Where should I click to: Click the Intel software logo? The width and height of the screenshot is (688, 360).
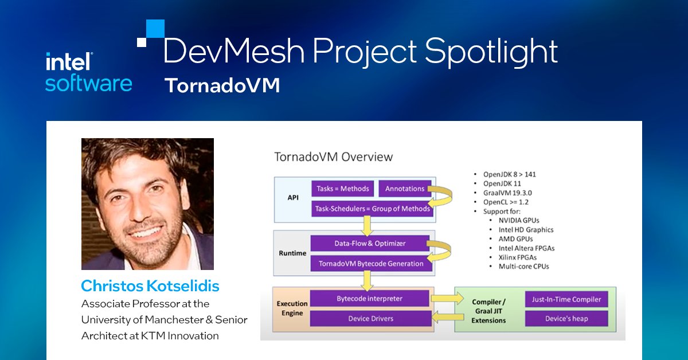[x=88, y=72]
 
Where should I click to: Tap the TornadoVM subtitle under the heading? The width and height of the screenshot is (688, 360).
[x=222, y=85]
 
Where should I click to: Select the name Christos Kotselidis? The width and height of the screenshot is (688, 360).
[x=150, y=285]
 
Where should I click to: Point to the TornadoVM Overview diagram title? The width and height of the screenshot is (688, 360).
[x=333, y=156]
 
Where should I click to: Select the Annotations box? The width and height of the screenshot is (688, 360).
[x=405, y=188]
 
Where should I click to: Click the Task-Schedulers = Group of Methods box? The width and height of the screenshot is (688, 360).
[x=372, y=209]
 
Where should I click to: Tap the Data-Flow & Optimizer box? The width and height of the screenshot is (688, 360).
[x=370, y=244]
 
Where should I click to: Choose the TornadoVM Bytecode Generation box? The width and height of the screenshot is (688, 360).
[x=370, y=264]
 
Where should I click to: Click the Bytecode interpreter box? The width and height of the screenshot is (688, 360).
[x=370, y=299]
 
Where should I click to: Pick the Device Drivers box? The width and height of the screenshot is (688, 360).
[x=370, y=318]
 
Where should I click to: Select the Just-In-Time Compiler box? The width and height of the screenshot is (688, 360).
[x=566, y=299]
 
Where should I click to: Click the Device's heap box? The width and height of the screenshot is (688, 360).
[x=566, y=318]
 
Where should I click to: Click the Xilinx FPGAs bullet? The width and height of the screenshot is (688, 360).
[x=514, y=257]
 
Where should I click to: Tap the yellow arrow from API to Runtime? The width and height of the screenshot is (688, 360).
[x=366, y=223]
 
